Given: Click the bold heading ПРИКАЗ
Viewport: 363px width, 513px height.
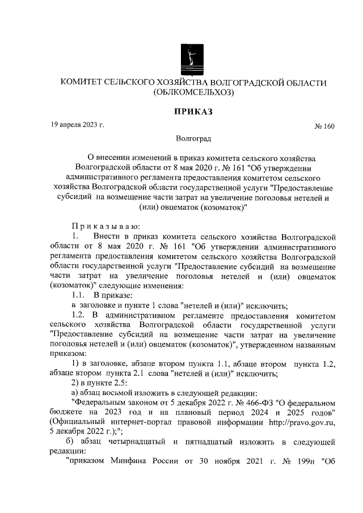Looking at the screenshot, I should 193,112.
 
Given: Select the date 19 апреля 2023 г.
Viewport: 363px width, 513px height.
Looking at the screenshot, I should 78,124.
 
